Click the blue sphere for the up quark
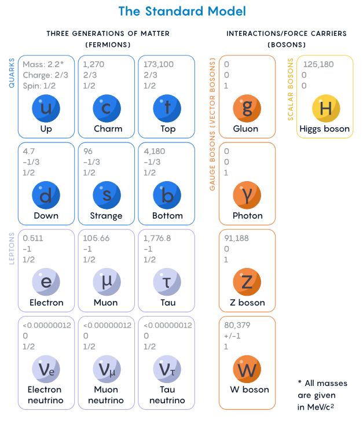(x=46, y=108)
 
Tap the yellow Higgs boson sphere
(x=326, y=108)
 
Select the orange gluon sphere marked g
(x=247, y=108)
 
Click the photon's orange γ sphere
(x=247, y=196)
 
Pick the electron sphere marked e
(x=46, y=282)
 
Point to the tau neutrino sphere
(x=167, y=369)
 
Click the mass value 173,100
(x=159, y=64)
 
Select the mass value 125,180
(x=318, y=64)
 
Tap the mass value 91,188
(x=236, y=238)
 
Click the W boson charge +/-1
(x=232, y=336)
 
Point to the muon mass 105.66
(x=96, y=238)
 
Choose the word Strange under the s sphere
(x=106, y=216)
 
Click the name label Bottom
(x=167, y=216)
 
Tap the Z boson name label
(x=247, y=303)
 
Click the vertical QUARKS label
(x=12, y=73)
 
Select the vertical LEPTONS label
(x=12, y=248)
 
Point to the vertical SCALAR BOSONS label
(x=291, y=89)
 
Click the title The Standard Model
(x=182, y=12)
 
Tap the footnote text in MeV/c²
(x=316, y=407)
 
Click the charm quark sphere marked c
(x=107, y=108)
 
